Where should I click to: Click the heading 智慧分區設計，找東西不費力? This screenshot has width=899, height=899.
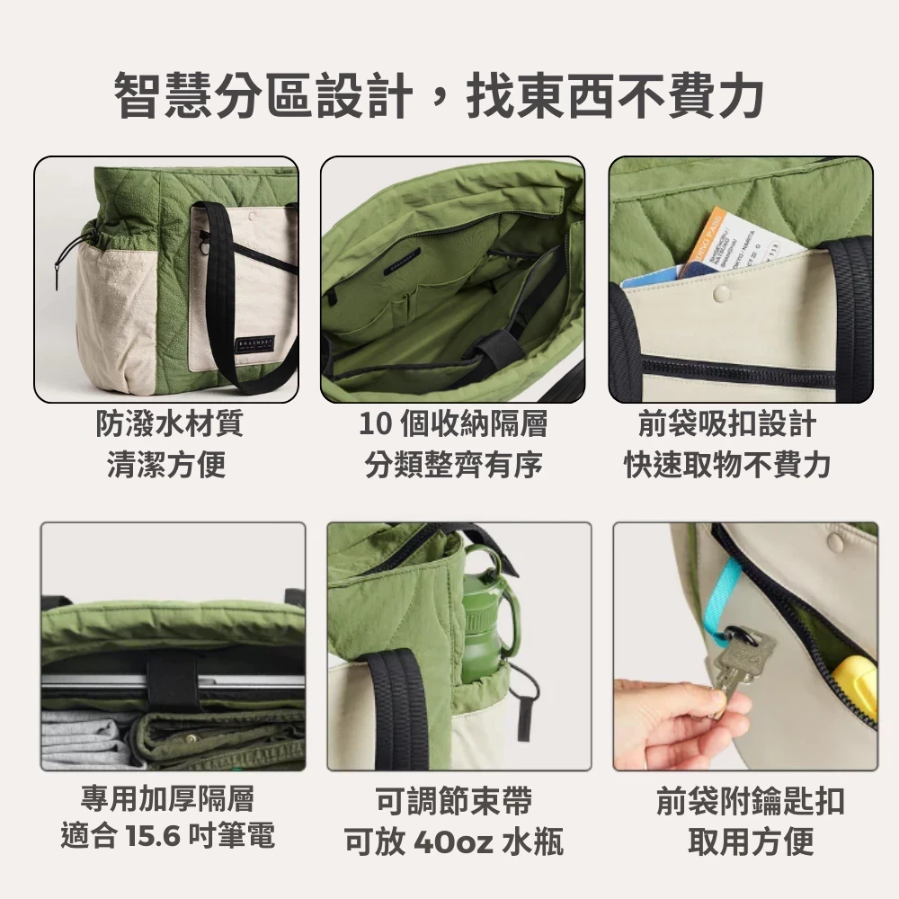[x=440, y=95]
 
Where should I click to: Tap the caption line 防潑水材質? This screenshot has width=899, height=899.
[x=169, y=423]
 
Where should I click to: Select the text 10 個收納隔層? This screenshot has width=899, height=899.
[x=453, y=423]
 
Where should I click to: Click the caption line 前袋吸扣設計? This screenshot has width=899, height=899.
[x=727, y=423]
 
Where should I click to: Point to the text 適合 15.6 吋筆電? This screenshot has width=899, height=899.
[x=168, y=835]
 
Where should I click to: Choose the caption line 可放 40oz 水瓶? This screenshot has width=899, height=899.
[x=454, y=841]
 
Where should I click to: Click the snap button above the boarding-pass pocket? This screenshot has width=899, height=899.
[x=720, y=294]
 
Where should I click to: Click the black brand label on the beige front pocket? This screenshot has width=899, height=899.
[x=255, y=344]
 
